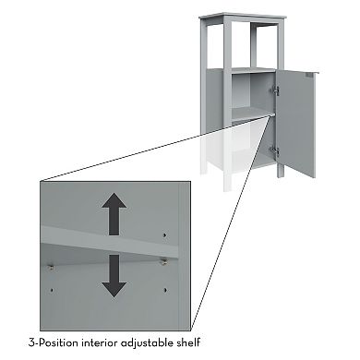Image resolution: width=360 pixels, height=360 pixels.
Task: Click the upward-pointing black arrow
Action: click(114, 214)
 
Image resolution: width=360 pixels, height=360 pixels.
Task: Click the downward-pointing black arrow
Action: click(114, 276)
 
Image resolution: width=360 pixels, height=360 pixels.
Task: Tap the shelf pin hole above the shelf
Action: click(164, 235)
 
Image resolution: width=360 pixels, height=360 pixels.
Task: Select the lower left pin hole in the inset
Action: click(52, 290)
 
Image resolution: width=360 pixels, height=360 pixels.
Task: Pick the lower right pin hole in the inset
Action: click(165, 290)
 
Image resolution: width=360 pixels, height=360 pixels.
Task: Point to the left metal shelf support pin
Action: click(52, 267)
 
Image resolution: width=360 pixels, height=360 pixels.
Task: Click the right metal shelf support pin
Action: click(163, 262)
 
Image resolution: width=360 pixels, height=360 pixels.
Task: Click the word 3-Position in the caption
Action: click(53, 342)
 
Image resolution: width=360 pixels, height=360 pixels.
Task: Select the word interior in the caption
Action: click(99, 342)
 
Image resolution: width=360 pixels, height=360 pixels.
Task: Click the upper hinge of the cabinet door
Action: click(275, 90)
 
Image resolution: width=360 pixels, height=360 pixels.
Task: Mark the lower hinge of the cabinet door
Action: click(275, 151)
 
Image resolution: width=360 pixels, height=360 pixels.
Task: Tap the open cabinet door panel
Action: click(296, 123)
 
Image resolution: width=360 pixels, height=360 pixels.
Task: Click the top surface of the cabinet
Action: click(243, 16)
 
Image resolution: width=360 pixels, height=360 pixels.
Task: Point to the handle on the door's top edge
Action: click(309, 75)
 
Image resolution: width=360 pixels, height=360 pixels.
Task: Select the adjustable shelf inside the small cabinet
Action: click(253, 114)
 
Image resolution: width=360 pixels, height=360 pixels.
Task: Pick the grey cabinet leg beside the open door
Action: click(280, 171)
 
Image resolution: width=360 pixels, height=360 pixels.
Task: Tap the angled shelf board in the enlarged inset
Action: click(110, 241)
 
